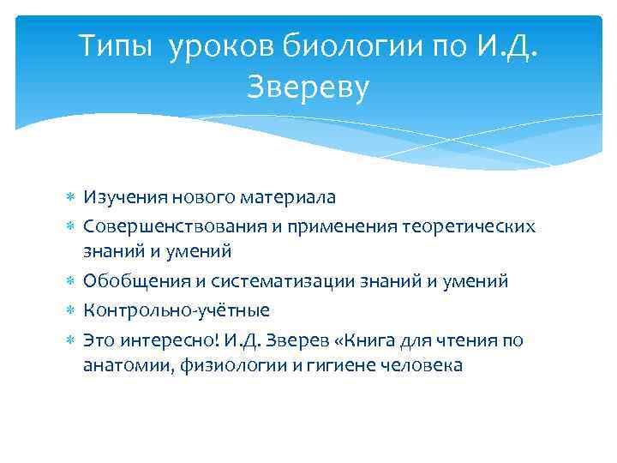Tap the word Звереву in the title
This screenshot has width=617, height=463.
[x=308, y=86]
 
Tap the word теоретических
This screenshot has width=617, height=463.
[x=468, y=226]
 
